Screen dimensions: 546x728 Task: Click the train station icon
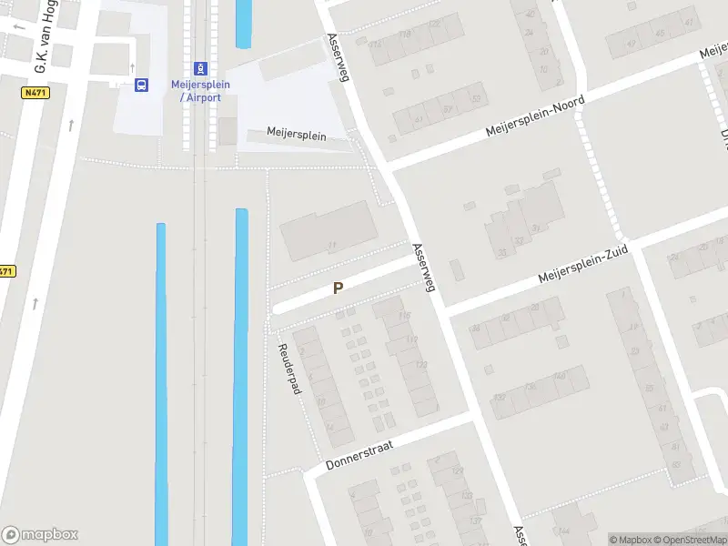(199, 69)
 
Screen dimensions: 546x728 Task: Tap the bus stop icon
(141, 85)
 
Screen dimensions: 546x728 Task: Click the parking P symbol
(338, 288)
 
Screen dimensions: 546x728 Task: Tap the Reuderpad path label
(288, 369)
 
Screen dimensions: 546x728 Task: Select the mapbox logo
(40, 535)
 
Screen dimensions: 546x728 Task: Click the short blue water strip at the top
(244, 23)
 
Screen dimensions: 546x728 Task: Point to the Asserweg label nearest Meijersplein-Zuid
(424, 267)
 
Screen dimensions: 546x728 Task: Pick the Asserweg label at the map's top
(338, 59)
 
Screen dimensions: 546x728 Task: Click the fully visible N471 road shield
(35, 93)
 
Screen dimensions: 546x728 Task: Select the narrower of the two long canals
(161, 382)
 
